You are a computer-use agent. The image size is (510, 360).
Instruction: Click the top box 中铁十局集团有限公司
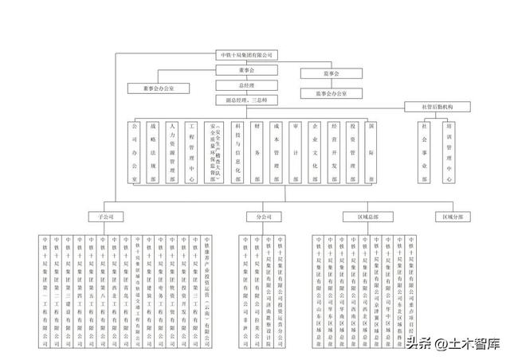pyautogui.click(x=246, y=55)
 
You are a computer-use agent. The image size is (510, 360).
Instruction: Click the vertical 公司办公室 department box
pyautogui.click(x=134, y=153)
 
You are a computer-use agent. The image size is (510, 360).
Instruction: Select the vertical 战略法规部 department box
pyautogui.click(x=153, y=153)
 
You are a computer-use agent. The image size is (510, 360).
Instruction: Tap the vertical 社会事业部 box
pyautogui.click(x=426, y=153)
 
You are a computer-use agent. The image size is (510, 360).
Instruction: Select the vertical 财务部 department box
pyautogui.click(x=257, y=153)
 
